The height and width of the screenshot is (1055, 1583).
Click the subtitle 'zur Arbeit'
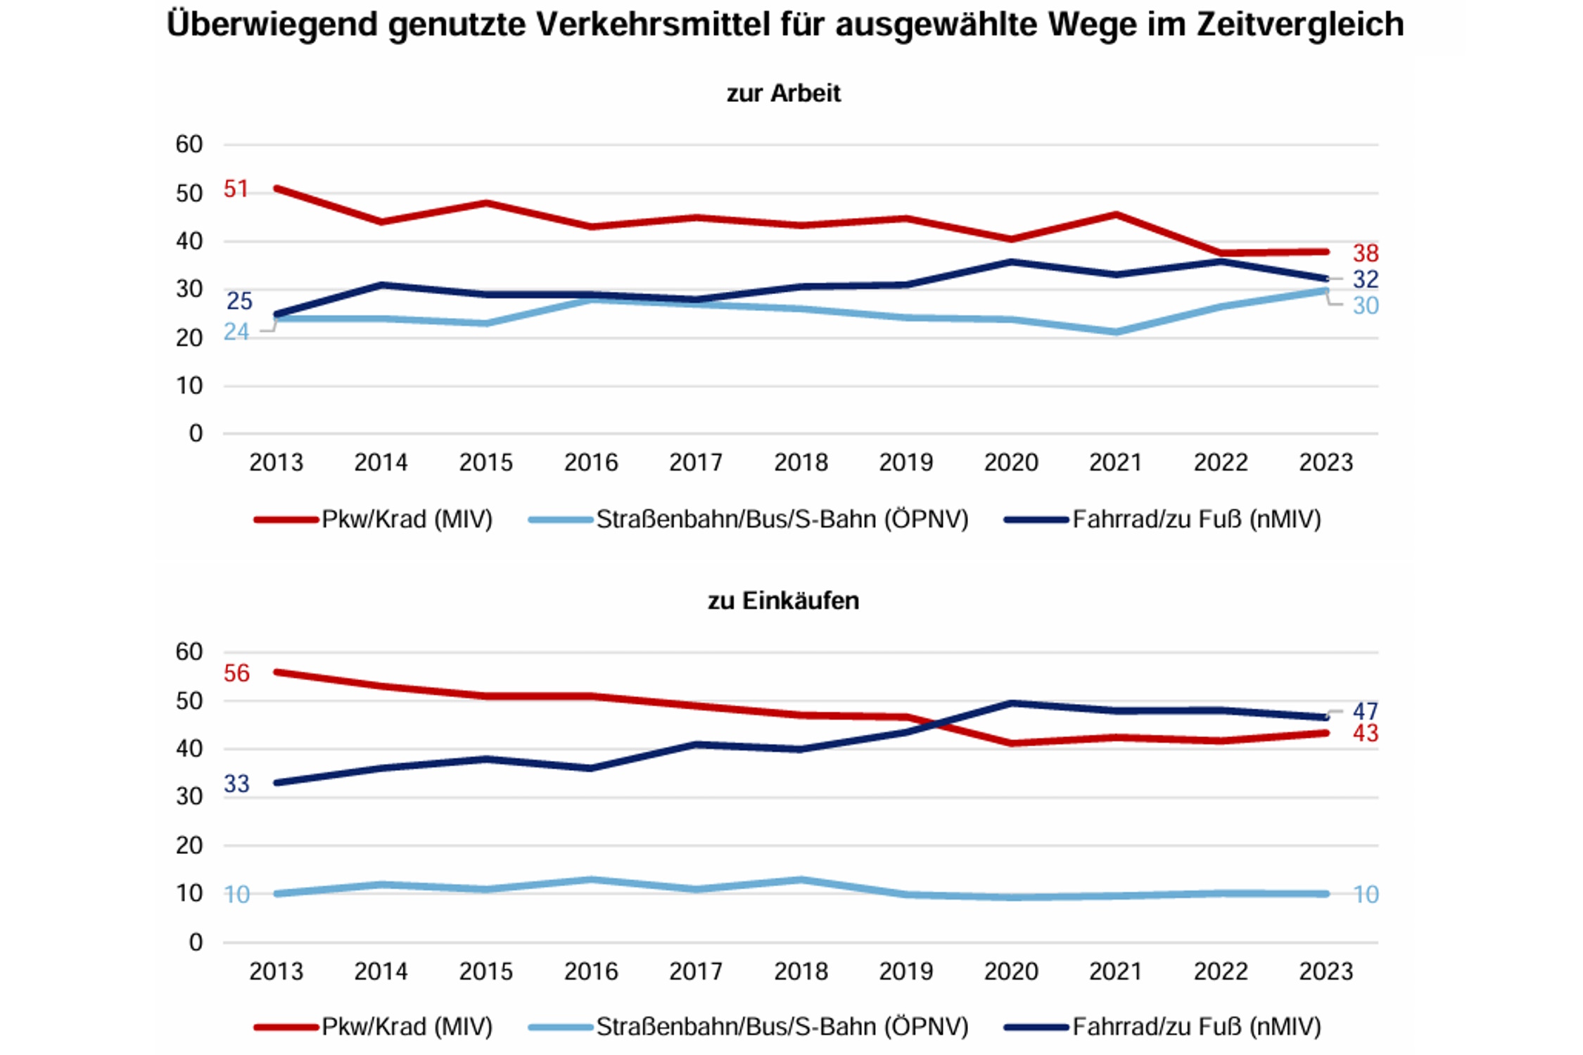pyautogui.click(x=783, y=94)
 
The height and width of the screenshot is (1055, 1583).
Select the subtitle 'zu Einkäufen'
pyautogui.click(x=783, y=601)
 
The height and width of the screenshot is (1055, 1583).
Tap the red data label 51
pyautogui.click(x=236, y=189)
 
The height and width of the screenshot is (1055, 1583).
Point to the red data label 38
pyautogui.click(x=1365, y=253)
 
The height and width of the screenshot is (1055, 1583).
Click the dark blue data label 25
pyautogui.click(x=239, y=301)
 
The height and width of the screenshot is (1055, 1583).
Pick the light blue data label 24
pyautogui.click(x=236, y=332)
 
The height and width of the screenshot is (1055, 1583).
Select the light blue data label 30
pyautogui.click(x=1365, y=306)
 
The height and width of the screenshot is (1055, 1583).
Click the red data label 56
pyautogui.click(x=236, y=674)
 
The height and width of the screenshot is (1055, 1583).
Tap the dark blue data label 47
pyautogui.click(x=1365, y=711)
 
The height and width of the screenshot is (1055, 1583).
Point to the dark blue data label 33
pyautogui.click(x=236, y=784)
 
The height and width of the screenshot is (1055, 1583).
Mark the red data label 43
pyautogui.click(x=1365, y=734)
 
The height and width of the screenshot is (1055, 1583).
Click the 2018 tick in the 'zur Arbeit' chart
pyautogui.click(x=801, y=463)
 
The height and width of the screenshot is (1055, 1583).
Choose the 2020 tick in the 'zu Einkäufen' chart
pyautogui.click(x=1010, y=971)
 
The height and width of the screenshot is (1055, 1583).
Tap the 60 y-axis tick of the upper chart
pyautogui.click(x=189, y=145)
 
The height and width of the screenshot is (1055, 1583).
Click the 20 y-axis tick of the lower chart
pyautogui.click(x=189, y=845)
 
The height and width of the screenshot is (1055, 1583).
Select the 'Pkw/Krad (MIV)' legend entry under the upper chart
pyautogui.click(x=407, y=520)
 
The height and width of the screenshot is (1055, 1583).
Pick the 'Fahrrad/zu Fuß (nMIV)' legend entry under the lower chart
pyautogui.click(x=1196, y=1027)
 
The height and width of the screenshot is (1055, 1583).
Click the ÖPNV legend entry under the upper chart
pyautogui.click(x=782, y=520)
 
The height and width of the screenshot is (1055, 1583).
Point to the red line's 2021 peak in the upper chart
pyautogui.click(x=1116, y=214)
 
